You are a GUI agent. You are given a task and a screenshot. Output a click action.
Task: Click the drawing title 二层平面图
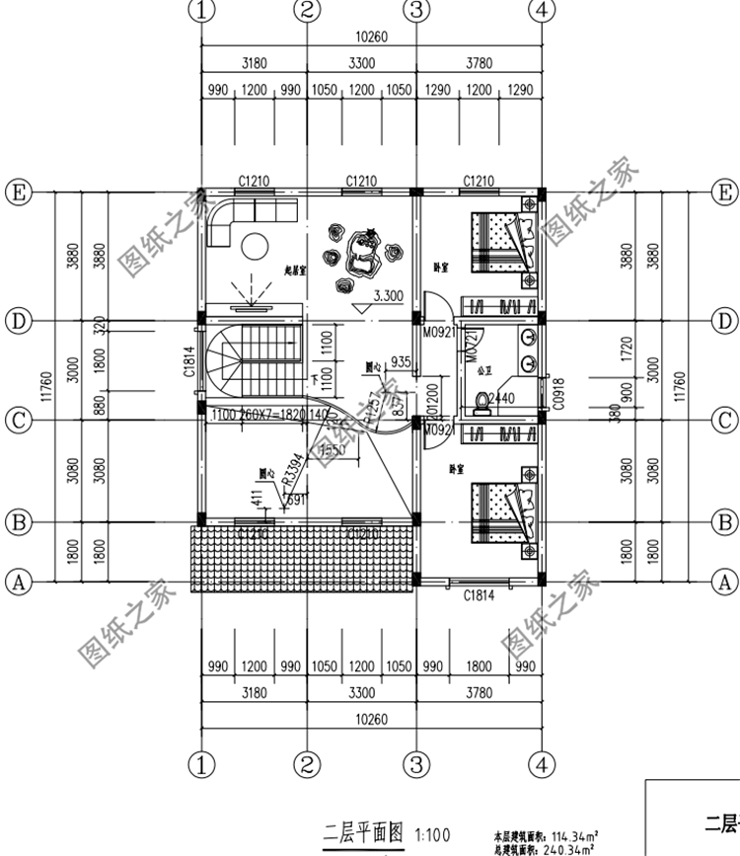(x=356, y=832)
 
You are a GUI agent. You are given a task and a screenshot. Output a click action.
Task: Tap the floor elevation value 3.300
(x=388, y=295)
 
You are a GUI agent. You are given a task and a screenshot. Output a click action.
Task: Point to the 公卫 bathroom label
(x=483, y=374)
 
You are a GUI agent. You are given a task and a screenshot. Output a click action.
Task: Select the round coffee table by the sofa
(x=259, y=244)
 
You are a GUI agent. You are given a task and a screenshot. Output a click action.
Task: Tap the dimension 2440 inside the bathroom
(x=502, y=398)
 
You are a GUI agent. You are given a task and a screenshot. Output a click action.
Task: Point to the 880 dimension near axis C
(x=99, y=405)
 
